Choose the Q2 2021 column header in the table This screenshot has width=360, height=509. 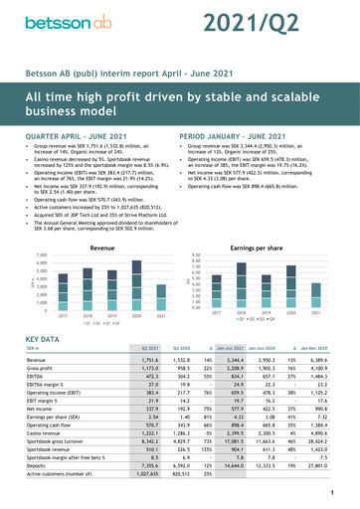(151, 350)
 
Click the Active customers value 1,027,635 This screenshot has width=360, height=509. (149, 473)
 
